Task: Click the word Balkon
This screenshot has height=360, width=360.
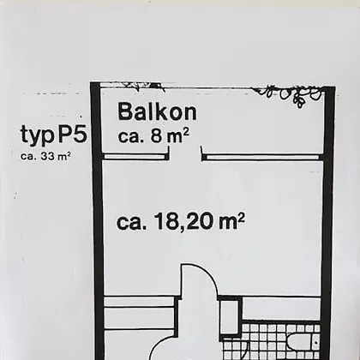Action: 157,112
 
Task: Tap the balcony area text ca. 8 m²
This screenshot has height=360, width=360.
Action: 153,136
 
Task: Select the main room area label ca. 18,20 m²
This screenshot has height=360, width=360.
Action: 181,221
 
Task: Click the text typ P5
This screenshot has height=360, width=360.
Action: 53,135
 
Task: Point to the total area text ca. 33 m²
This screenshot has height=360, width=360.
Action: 45,157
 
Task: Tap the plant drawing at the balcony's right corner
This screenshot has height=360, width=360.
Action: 289,94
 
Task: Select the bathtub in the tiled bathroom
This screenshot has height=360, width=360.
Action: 303,341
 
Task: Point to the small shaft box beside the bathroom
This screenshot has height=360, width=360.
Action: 231,315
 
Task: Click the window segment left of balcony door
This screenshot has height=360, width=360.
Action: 135,157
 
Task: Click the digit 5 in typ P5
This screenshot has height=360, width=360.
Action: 79,133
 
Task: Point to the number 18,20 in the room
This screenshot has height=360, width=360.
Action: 183,222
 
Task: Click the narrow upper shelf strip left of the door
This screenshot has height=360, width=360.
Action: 139,302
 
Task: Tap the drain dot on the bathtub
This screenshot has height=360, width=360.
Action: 316,341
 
